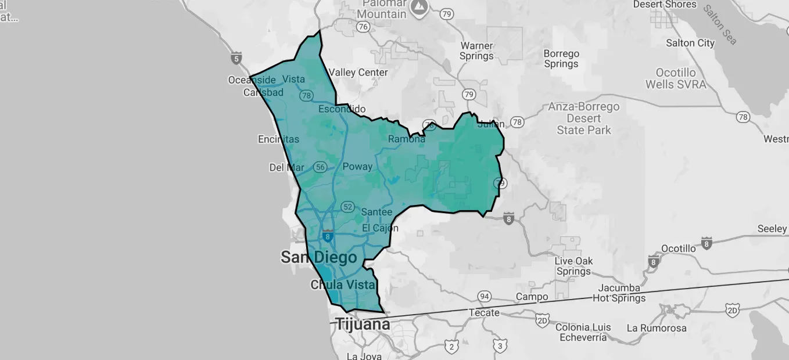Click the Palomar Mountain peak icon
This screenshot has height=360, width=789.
(x=418, y=7)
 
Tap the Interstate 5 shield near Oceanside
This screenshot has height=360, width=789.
(x=236, y=58)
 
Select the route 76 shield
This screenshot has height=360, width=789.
(x=364, y=27)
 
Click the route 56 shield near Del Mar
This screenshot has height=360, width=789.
(x=320, y=167)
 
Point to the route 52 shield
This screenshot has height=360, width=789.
(x=348, y=207)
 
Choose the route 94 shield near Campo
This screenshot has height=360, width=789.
(x=484, y=296)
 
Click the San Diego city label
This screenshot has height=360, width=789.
(x=318, y=257)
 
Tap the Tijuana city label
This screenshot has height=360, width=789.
(x=363, y=325)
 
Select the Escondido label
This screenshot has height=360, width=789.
(x=342, y=109)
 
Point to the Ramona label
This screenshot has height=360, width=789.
(x=407, y=139)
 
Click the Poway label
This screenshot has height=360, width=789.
(x=357, y=167)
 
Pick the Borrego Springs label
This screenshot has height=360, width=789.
(x=561, y=59)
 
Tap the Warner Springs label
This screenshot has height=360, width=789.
(x=476, y=51)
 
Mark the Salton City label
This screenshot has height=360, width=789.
(x=690, y=43)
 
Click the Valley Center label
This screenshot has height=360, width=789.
(x=358, y=73)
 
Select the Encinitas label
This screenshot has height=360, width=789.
(x=278, y=139)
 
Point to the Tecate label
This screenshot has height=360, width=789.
(x=484, y=313)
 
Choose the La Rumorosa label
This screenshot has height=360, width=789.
(x=657, y=328)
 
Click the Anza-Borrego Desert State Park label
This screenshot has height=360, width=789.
(x=584, y=118)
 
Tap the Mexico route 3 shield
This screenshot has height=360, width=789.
(x=500, y=347)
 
